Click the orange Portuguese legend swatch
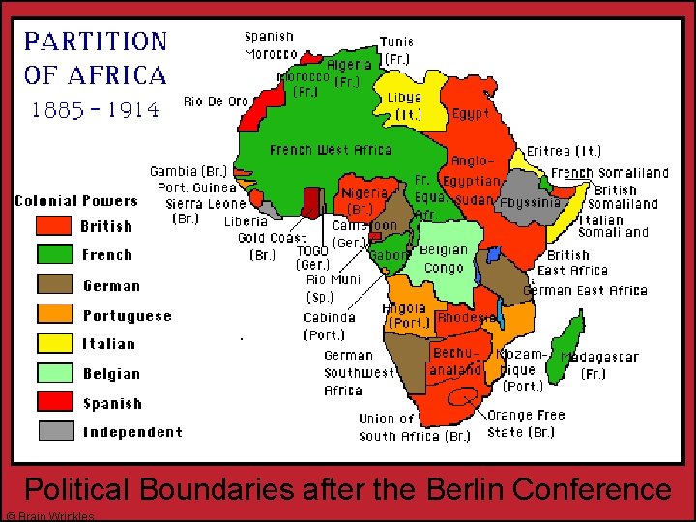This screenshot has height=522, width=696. point(54,314)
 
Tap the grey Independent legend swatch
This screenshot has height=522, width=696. point(54,431)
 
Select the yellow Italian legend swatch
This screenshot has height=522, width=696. point(54,343)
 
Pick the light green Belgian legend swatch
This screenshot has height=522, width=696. point(54,373)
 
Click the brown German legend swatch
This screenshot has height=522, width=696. point(54,284)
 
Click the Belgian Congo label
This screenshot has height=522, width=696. point(444,258)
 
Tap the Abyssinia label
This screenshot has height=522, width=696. point(530,203)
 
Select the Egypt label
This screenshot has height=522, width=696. point(471,113)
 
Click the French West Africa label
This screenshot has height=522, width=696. point(331,150)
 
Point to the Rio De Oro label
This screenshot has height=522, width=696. point(216,101)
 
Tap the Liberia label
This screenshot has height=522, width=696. point(246,221)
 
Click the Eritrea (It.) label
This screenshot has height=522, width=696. point(564,151)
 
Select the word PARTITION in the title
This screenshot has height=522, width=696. point(96,42)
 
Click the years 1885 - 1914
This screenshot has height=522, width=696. point(96,108)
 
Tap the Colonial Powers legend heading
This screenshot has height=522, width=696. point(76,201)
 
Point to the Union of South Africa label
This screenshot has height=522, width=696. point(414,427)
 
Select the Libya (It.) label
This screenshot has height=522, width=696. point(405,105)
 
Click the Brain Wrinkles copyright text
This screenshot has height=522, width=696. point(48,516)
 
